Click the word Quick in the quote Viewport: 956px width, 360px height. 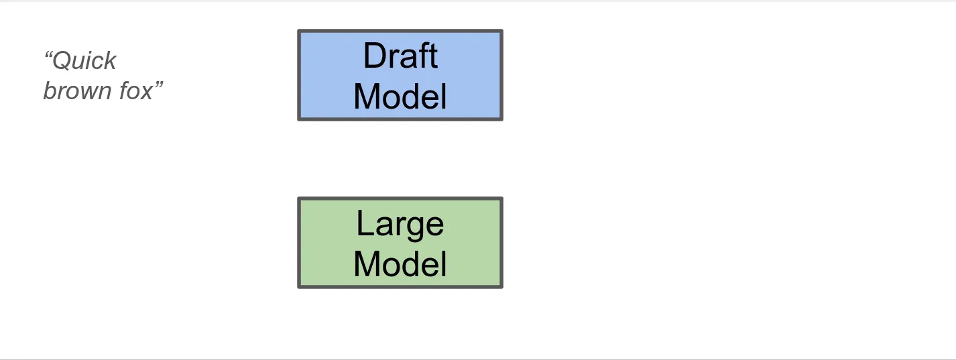tap(84, 61)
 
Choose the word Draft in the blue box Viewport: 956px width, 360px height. tap(400, 56)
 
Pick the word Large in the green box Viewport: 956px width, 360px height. tap(400, 224)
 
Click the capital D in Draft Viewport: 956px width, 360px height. tap(373, 56)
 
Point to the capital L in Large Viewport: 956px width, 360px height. tap(363, 224)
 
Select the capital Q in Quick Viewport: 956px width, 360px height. tap(61, 61)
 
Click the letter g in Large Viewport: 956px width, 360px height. tap(412, 227)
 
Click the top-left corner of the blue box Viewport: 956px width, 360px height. tap(299, 31)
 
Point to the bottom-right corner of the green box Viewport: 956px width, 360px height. tap(501, 287)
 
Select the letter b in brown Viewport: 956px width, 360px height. tap(49, 91)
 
